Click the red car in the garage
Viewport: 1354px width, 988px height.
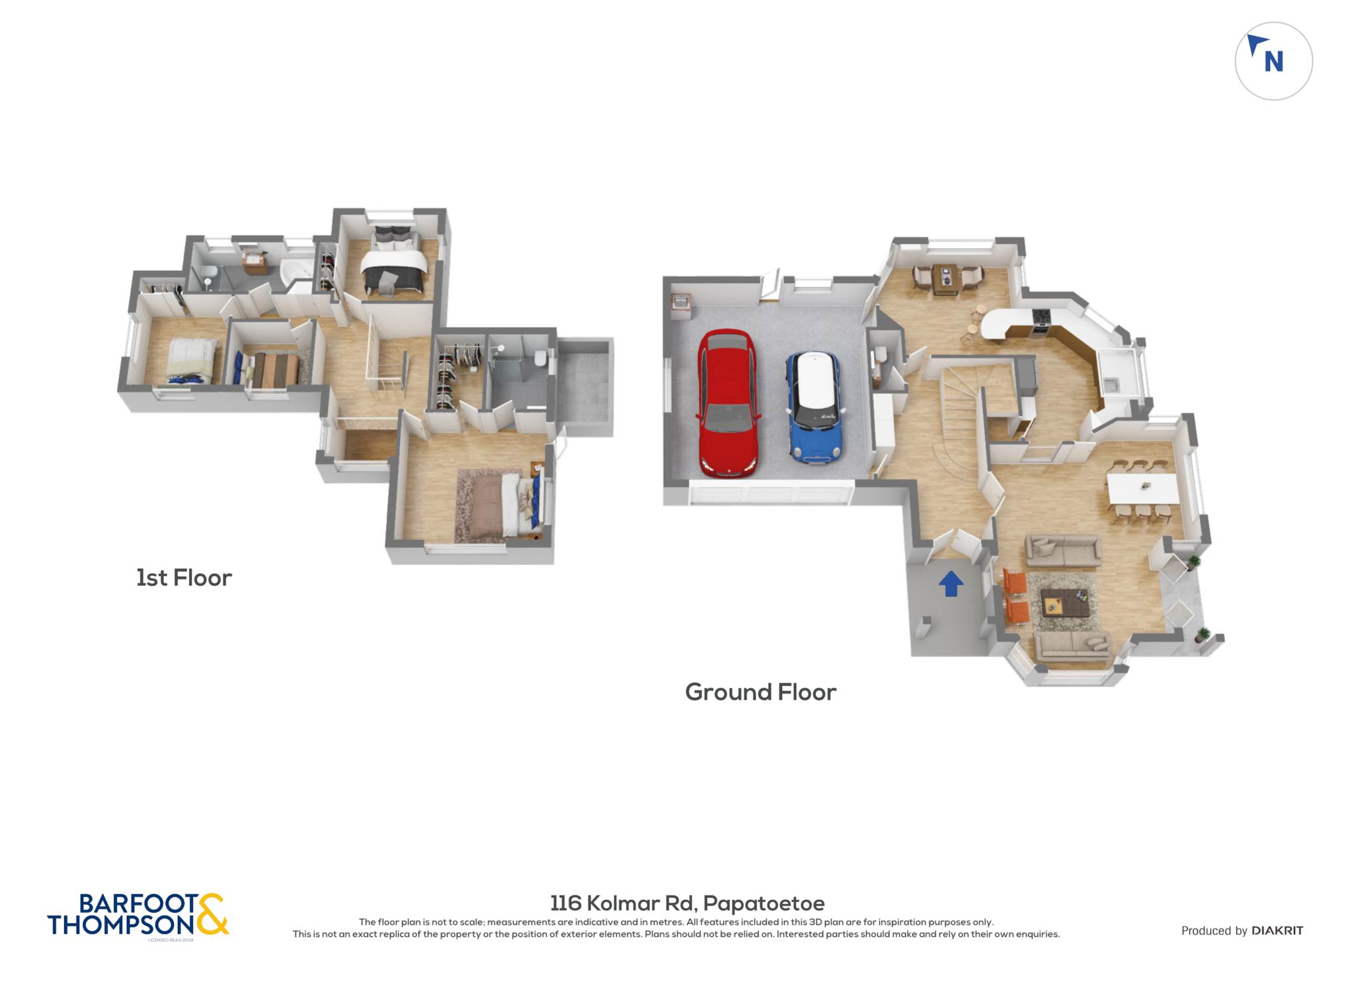click(x=727, y=403)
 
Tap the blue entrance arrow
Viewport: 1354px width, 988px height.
click(x=951, y=583)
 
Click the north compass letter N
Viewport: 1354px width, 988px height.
click(x=1273, y=62)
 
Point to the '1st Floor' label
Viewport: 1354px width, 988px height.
click(x=184, y=577)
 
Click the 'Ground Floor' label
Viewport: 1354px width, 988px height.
click(x=760, y=692)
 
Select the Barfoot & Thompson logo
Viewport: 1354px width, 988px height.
click(x=138, y=915)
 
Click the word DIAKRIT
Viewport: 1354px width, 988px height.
click(x=1277, y=930)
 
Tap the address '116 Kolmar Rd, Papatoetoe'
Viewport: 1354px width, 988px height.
click(x=688, y=903)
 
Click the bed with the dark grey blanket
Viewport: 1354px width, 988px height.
click(x=393, y=262)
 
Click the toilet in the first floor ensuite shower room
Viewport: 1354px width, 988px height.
click(x=540, y=357)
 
